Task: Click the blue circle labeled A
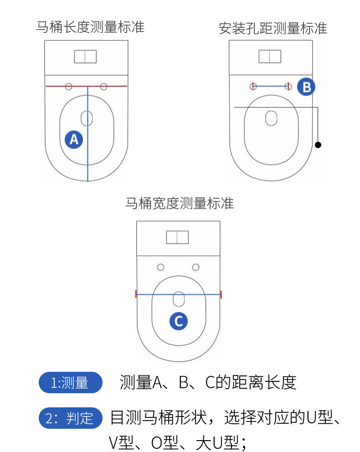click(x=74, y=139)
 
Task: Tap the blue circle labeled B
click(x=306, y=87)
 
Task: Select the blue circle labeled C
click(x=179, y=321)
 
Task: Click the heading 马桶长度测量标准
click(x=90, y=27)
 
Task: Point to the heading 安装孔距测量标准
click(x=273, y=28)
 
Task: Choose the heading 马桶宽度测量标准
click(x=179, y=203)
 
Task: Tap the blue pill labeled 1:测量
click(x=71, y=383)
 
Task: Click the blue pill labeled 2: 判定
click(x=71, y=418)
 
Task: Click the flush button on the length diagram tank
click(x=85, y=56)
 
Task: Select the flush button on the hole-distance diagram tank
click(x=270, y=56)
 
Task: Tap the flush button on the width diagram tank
click(x=178, y=237)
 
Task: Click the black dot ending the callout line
click(x=318, y=145)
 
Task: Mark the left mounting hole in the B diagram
click(x=253, y=86)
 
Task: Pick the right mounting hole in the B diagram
click(x=288, y=86)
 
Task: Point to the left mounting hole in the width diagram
click(x=160, y=267)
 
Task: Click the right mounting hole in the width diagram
click(x=195, y=267)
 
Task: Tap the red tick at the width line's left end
click(x=136, y=294)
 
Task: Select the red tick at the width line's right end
click(x=221, y=294)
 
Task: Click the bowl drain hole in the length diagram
click(x=87, y=118)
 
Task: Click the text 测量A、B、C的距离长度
click(x=208, y=383)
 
